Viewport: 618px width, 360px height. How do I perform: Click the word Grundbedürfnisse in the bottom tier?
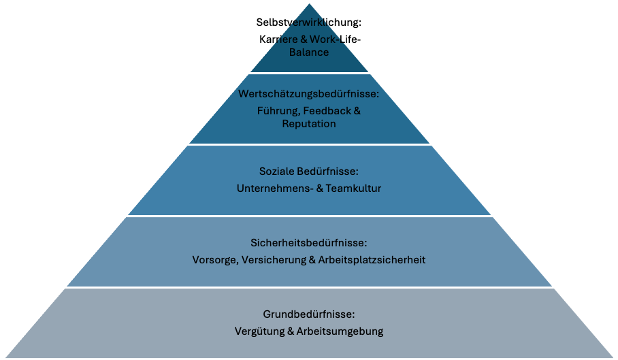[309, 314]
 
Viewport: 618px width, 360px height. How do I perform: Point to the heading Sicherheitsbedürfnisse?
[309, 242]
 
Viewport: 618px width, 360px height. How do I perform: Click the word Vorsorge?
[214, 260]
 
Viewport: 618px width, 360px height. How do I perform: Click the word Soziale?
[276, 171]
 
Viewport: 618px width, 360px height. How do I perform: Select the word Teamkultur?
[354, 188]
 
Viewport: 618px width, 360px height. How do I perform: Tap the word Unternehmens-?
[267, 188]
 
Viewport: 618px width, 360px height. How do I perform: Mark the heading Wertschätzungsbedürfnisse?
[308, 94]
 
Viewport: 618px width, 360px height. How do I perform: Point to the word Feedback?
[326, 110]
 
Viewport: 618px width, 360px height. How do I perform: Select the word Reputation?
[309, 124]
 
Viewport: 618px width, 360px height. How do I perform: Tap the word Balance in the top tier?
[309, 52]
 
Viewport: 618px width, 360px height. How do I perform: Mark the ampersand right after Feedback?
[357, 110]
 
